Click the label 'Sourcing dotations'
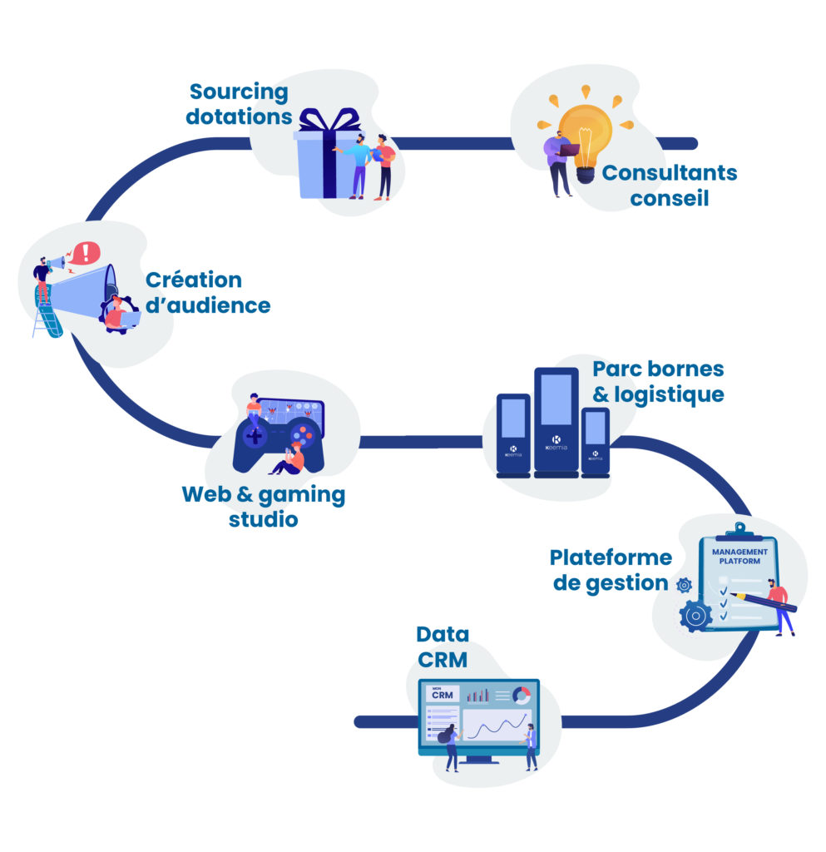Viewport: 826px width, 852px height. [x=238, y=104]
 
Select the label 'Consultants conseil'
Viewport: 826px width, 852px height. [x=669, y=185]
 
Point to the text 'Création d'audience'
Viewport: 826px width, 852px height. [x=208, y=292]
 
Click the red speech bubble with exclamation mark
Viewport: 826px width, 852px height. [x=84, y=251]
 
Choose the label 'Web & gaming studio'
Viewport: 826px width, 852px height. [x=263, y=507]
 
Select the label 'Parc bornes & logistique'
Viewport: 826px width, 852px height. [x=657, y=380]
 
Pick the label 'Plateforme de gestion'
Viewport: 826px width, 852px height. [x=610, y=570]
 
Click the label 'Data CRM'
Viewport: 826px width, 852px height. [x=443, y=646]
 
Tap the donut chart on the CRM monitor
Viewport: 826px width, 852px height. [x=521, y=695]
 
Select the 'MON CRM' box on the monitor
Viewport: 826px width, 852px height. [x=440, y=694]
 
